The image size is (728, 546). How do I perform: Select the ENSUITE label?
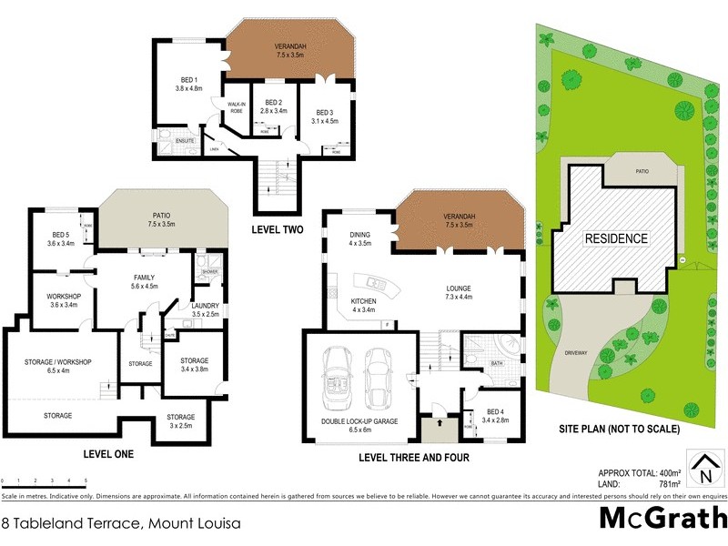click(173, 140)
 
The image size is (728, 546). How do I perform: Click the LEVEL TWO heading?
click(277, 230)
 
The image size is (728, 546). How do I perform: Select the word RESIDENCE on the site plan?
click(616, 239)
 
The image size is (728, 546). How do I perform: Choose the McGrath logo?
click(662, 518)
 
